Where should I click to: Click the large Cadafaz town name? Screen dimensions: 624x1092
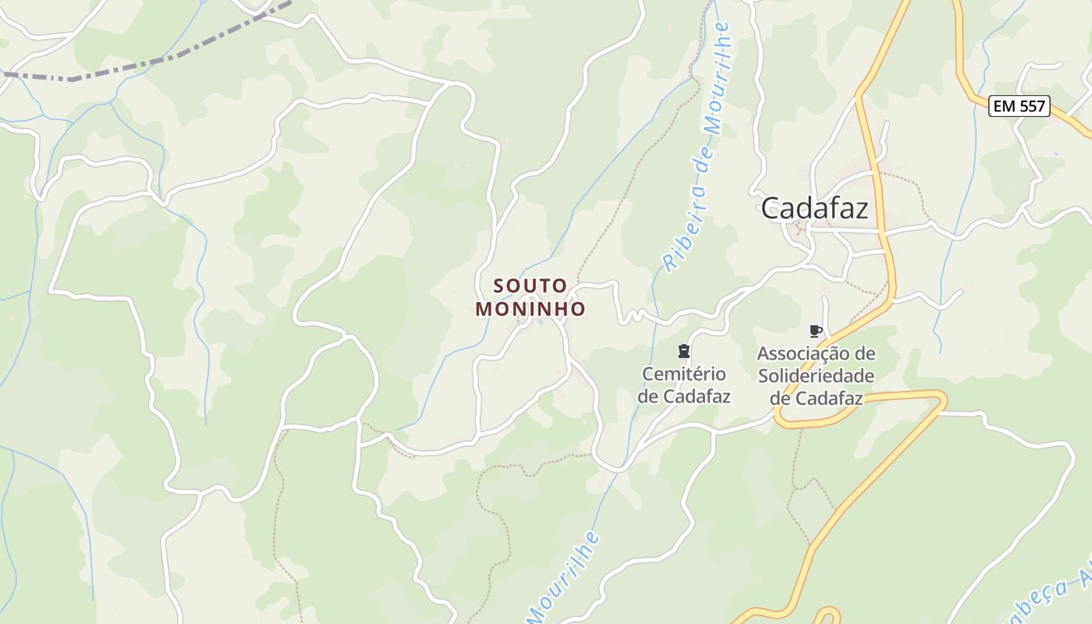pos(814,208)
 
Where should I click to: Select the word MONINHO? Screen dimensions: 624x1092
pos(530,309)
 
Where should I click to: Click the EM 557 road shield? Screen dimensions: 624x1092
pos(1019,106)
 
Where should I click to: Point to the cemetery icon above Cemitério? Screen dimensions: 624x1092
pos(684,350)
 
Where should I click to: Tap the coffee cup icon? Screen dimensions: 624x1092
pos(816,331)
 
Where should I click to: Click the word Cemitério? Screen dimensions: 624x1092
pos(684,374)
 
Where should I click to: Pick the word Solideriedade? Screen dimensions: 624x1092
pos(816,376)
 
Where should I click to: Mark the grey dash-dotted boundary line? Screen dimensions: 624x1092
pos(156,60)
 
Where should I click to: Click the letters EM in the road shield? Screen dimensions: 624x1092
pos(1005,106)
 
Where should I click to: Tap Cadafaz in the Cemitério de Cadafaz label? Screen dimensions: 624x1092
pos(696,396)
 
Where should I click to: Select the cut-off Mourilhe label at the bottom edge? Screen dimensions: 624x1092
pos(563,577)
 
